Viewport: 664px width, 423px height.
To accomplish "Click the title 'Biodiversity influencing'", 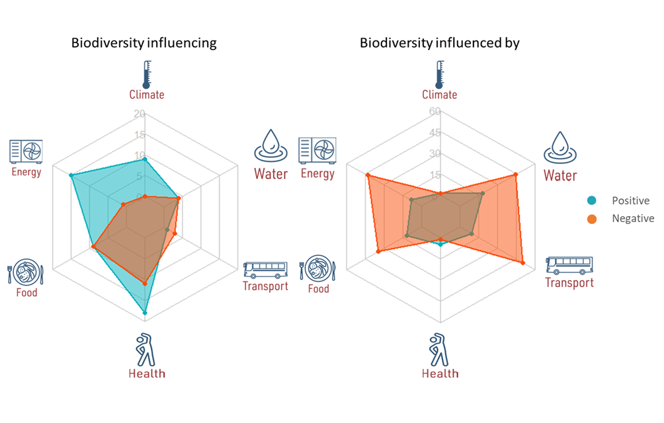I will pyautogui.click(x=144, y=44).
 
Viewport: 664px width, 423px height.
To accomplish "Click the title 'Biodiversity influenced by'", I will pyautogui.click(x=439, y=44).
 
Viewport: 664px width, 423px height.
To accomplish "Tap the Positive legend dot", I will pyautogui.click(x=592, y=201).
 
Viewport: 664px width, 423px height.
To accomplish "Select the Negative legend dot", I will pyautogui.click(x=592, y=219).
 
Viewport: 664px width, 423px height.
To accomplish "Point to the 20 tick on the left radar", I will pyautogui.click(x=139, y=114).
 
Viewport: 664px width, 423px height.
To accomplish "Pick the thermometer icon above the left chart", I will pyautogui.click(x=146, y=74).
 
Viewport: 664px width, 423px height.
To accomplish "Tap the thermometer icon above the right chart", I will pyautogui.click(x=439, y=74).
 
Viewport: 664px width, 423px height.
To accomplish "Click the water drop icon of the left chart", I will pyautogui.click(x=270, y=145).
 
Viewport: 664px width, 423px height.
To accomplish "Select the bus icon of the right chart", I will pyautogui.click(x=569, y=265).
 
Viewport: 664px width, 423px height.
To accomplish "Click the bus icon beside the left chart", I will pyautogui.click(x=265, y=270).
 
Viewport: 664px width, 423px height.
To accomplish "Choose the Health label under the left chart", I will pyautogui.click(x=147, y=373).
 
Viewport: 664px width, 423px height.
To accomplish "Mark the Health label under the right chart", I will pyautogui.click(x=440, y=373).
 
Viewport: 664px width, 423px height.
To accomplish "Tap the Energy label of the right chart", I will pyautogui.click(x=317, y=174).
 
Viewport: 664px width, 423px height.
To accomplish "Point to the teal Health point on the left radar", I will pyautogui.click(x=145, y=312).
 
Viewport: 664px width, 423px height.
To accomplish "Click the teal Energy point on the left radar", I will pyautogui.click(x=71, y=175).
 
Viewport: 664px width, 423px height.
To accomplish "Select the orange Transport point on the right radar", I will pyautogui.click(x=523, y=263).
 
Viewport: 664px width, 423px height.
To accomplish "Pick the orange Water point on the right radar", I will pyautogui.click(x=516, y=174).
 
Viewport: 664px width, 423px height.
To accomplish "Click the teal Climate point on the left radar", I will pyautogui.click(x=145, y=159).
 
